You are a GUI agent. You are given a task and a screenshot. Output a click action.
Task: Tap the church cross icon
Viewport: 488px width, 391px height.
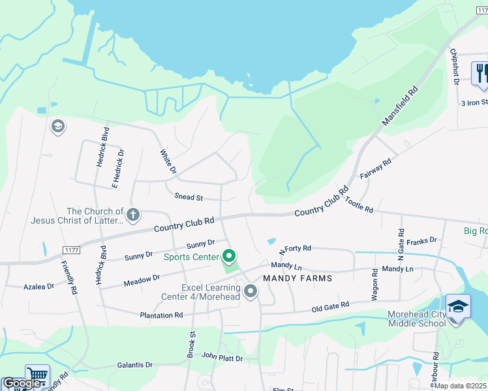pyautogui.click(x=133, y=214)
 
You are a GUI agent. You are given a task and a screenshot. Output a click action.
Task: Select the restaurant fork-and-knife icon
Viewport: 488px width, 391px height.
pyautogui.click(x=481, y=72)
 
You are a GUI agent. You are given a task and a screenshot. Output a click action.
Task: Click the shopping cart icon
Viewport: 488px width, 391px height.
pyautogui.click(x=37, y=376)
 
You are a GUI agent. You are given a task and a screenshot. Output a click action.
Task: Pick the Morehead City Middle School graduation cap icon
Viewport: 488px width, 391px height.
pyautogui.click(x=458, y=306)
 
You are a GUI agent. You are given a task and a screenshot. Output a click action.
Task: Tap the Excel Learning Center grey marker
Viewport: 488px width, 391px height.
pyautogui.click(x=251, y=293)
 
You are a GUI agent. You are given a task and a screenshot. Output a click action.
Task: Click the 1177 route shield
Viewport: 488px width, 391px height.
pyautogui.click(x=72, y=250)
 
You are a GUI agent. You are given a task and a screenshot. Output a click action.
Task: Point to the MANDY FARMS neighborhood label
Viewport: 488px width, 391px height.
pyautogui.click(x=297, y=278)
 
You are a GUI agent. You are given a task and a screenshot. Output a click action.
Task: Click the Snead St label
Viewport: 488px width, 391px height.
pyautogui.click(x=189, y=197)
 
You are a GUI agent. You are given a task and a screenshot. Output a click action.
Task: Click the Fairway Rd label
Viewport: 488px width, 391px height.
pyautogui.click(x=375, y=169)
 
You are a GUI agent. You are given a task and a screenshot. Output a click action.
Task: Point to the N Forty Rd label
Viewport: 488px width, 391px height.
pyautogui.click(x=295, y=249)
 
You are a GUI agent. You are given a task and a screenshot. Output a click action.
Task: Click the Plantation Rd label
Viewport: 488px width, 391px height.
pyautogui.click(x=161, y=315)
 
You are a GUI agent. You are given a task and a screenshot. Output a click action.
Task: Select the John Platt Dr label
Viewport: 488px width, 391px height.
pyautogui.click(x=222, y=358)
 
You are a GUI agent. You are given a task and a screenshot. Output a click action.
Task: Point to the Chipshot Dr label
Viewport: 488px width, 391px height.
pyautogui.click(x=454, y=66)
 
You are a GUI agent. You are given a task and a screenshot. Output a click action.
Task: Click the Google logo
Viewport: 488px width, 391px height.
pyautogui.click(x=22, y=383)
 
